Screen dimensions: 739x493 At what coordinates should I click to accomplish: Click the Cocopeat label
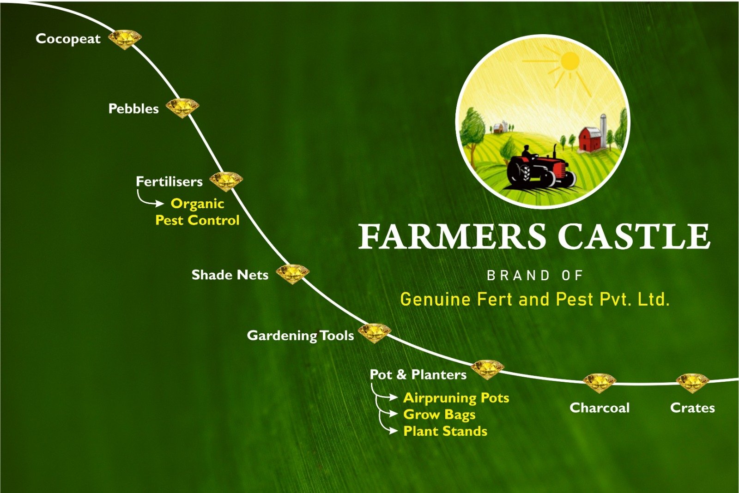tap(68, 39)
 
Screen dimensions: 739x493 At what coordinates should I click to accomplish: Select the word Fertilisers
tap(169, 181)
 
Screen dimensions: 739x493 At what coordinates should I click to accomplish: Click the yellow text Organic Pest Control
tap(197, 212)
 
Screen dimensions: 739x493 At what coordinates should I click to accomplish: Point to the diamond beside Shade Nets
tap(293, 274)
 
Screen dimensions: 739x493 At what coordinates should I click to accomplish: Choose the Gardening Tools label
tap(300, 336)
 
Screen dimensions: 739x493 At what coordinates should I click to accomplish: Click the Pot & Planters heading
tap(418, 374)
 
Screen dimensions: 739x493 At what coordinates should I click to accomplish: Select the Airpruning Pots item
tap(456, 398)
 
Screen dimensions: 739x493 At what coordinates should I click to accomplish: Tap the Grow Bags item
tap(439, 415)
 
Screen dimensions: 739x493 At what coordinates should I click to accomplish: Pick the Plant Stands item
tap(445, 431)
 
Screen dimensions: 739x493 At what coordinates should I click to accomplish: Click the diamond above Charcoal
tap(600, 383)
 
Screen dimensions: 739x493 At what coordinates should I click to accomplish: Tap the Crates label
tap(692, 408)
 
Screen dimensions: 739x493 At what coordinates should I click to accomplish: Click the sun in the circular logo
tap(570, 61)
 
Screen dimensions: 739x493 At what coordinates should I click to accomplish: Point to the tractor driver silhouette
tap(527, 153)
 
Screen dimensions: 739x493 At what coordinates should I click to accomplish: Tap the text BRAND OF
tap(535, 276)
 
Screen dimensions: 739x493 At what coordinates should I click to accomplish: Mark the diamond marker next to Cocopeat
tap(125, 40)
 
